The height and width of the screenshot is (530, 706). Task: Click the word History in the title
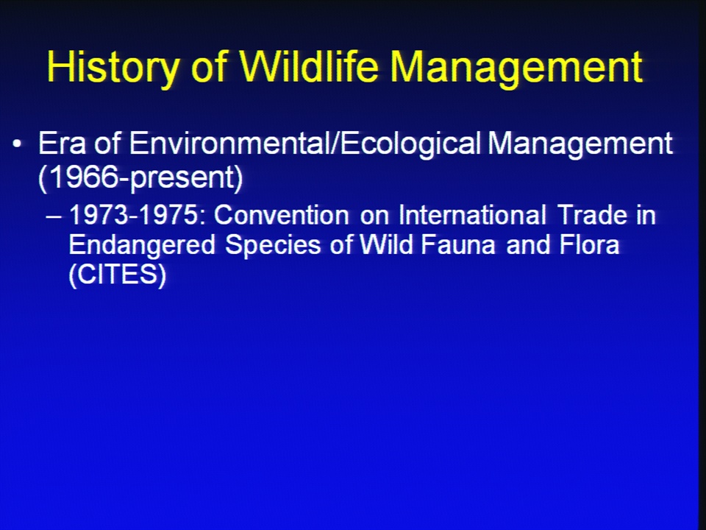click(x=112, y=67)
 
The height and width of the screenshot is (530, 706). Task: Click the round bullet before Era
click(x=17, y=144)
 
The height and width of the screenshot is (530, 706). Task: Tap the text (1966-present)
click(x=141, y=177)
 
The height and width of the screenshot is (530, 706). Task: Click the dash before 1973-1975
click(x=54, y=216)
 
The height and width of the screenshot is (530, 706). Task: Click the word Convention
click(x=282, y=215)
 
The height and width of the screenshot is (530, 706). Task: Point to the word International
click(x=473, y=215)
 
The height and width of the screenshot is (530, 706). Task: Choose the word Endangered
click(x=142, y=246)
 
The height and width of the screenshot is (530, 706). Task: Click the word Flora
click(x=590, y=244)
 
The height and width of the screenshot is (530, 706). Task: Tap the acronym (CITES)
click(x=118, y=274)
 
